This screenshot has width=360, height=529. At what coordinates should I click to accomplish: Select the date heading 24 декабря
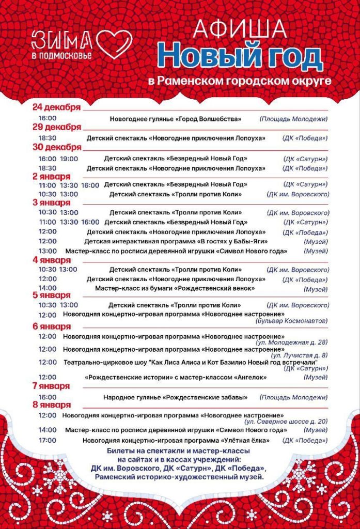(x=56, y=107)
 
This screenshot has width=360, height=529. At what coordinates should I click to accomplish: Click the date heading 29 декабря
(x=56, y=127)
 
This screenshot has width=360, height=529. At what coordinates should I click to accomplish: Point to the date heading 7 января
(x=51, y=386)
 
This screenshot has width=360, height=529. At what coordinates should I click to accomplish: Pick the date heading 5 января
(x=51, y=295)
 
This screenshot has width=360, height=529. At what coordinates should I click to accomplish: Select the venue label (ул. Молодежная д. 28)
(x=291, y=343)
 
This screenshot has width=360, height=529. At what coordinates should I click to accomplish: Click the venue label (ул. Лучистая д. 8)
(x=299, y=355)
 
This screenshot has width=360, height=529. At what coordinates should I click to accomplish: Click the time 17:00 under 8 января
(x=48, y=441)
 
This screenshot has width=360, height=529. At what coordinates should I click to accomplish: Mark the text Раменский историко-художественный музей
(x=179, y=477)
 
